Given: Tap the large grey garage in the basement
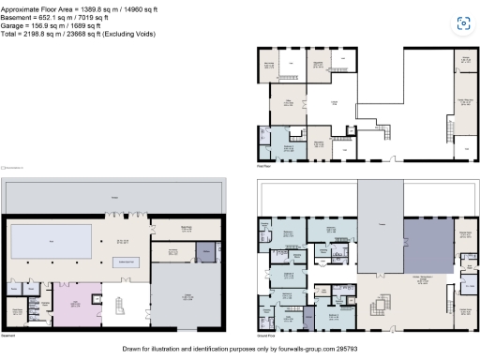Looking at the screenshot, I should (x=187, y=298).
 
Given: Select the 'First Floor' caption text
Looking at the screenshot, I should (x=265, y=166).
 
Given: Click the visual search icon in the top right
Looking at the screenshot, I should (x=461, y=22).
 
